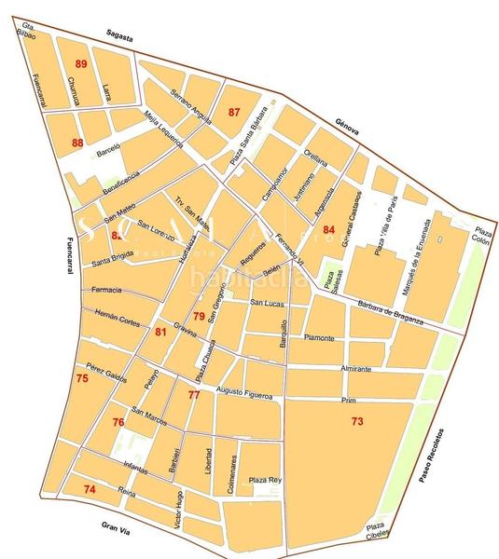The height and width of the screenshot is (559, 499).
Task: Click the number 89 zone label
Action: (81, 63)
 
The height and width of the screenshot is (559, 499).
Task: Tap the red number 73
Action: (357, 422)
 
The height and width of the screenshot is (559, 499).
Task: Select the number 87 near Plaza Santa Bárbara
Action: (234, 112)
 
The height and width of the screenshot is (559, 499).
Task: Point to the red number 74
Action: (90, 489)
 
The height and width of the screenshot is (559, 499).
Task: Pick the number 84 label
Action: (328, 229)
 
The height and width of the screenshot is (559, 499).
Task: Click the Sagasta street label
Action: (121, 37)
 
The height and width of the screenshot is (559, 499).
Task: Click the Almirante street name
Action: (355, 369)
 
